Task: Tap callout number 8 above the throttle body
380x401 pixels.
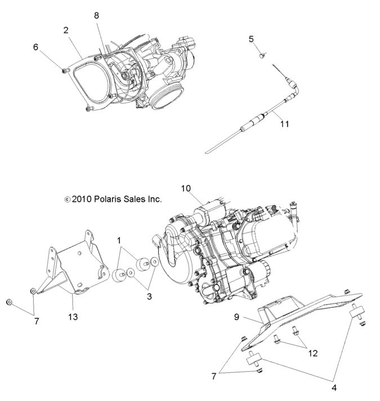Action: [x=97, y=16]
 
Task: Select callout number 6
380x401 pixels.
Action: [x=35, y=47]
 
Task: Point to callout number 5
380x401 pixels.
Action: [x=251, y=38]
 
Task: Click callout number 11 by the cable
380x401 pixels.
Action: [x=284, y=124]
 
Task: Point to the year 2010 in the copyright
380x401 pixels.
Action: [x=83, y=199]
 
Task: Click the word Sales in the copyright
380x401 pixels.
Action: [x=141, y=199]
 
